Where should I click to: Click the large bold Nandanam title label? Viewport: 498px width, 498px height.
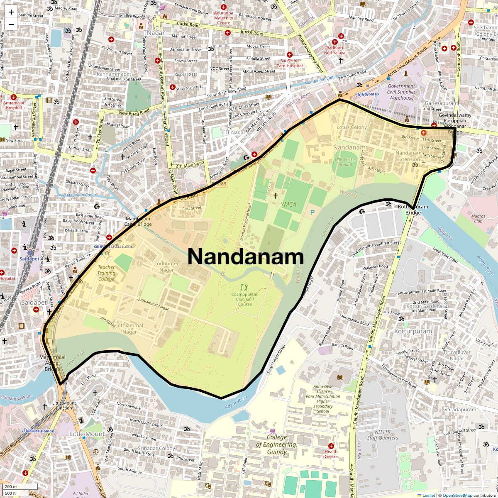[246, 257]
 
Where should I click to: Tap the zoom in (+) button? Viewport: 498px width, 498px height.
[11, 12]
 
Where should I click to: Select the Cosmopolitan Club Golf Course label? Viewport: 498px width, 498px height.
[244, 299]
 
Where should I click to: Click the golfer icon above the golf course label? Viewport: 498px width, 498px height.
[244, 287]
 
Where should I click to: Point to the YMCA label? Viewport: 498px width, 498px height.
[288, 205]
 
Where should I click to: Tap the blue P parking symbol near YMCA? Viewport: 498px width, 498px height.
[312, 212]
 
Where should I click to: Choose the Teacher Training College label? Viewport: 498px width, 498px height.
[106, 273]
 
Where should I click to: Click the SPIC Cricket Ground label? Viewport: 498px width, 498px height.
[344, 162]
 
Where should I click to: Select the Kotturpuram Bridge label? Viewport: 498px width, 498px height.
[413, 210]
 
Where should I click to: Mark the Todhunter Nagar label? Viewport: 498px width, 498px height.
[166, 266]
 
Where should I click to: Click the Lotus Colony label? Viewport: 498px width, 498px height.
[352, 127]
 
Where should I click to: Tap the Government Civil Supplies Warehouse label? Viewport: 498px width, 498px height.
[401, 92]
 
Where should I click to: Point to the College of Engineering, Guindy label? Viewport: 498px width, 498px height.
[276, 444]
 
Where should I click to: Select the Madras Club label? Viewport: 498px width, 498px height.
[478, 218]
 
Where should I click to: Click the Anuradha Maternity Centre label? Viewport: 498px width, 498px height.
[224, 18]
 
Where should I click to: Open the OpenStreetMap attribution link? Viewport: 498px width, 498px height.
[457, 495]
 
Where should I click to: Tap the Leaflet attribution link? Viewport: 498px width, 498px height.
[428, 495]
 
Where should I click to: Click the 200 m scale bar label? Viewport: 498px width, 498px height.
[11, 486]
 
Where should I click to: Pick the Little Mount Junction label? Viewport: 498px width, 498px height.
[64, 405]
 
